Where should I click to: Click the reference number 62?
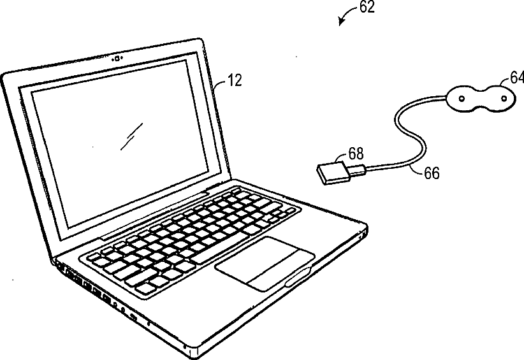click(366, 8)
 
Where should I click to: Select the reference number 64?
click(517, 77)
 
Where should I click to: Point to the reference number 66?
click(431, 172)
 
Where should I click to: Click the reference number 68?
click(356, 154)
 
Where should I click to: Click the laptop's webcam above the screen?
click(117, 60)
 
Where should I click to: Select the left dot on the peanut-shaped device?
click(460, 97)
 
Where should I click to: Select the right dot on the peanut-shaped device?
click(504, 99)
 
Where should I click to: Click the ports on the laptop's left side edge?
click(96, 290)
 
